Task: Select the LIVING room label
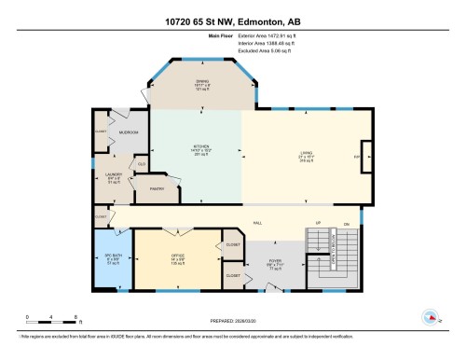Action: pyautogui.click(x=302, y=158)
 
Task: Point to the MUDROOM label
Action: pyautogui.click(x=128, y=133)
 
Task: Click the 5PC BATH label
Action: pyautogui.click(x=112, y=256)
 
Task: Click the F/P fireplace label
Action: pyautogui.click(x=357, y=158)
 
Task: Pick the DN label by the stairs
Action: pyautogui.click(x=347, y=224)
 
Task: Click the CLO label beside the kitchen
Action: pyautogui.click(x=143, y=165)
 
